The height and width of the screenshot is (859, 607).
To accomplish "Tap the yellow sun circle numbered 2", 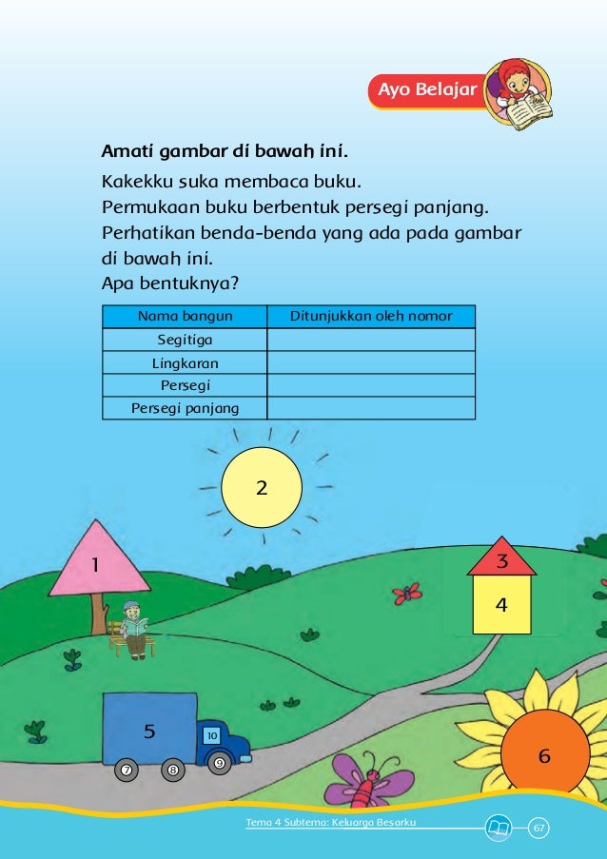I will click(x=262, y=487).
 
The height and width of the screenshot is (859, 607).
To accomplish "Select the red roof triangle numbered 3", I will click(x=502, y=560).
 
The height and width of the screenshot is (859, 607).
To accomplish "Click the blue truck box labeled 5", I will click(x=149, y=727).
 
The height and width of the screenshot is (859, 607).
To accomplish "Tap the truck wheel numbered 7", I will click(x=125, y=769).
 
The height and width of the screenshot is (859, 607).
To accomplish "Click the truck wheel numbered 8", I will click(x=172, y=769).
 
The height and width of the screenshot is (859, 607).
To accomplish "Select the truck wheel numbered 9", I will click(x=219, y=762).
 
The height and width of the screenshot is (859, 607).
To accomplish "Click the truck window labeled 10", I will click(x=212, y=735).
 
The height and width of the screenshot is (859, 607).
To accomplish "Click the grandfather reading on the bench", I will click(x=133, y=629).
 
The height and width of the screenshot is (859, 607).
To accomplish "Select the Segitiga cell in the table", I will click(x=185, y=340).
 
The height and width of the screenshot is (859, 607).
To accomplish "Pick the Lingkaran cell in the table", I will click(x=185, y=362).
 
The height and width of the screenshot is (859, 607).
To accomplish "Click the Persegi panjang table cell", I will click(x=185, y=408).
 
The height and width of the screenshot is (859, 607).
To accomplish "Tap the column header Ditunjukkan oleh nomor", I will click(x=371, y=317).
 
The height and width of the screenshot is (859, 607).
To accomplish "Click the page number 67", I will click(x=539, y=828).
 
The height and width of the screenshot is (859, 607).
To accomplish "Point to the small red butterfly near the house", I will click(x=407, y=594).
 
